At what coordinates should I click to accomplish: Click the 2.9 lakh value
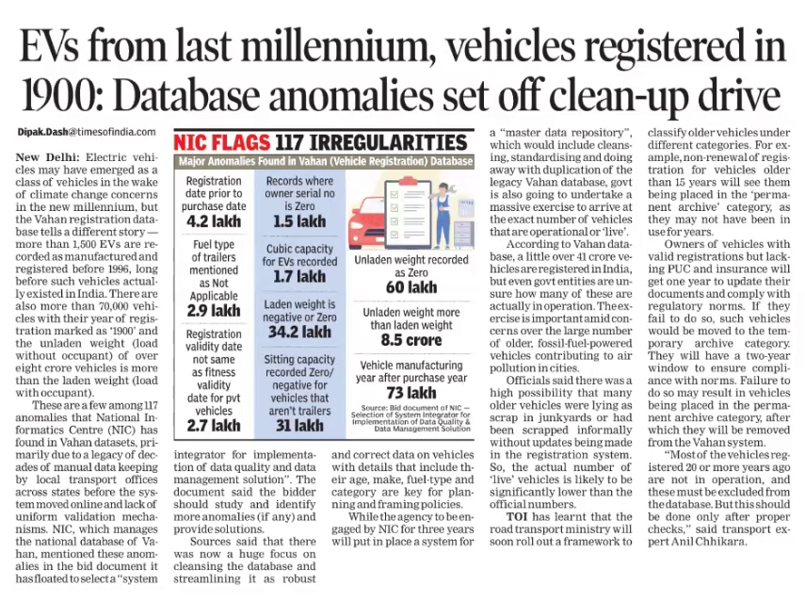(x=213, y=309)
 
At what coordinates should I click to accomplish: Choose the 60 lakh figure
(x=411, y=286)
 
